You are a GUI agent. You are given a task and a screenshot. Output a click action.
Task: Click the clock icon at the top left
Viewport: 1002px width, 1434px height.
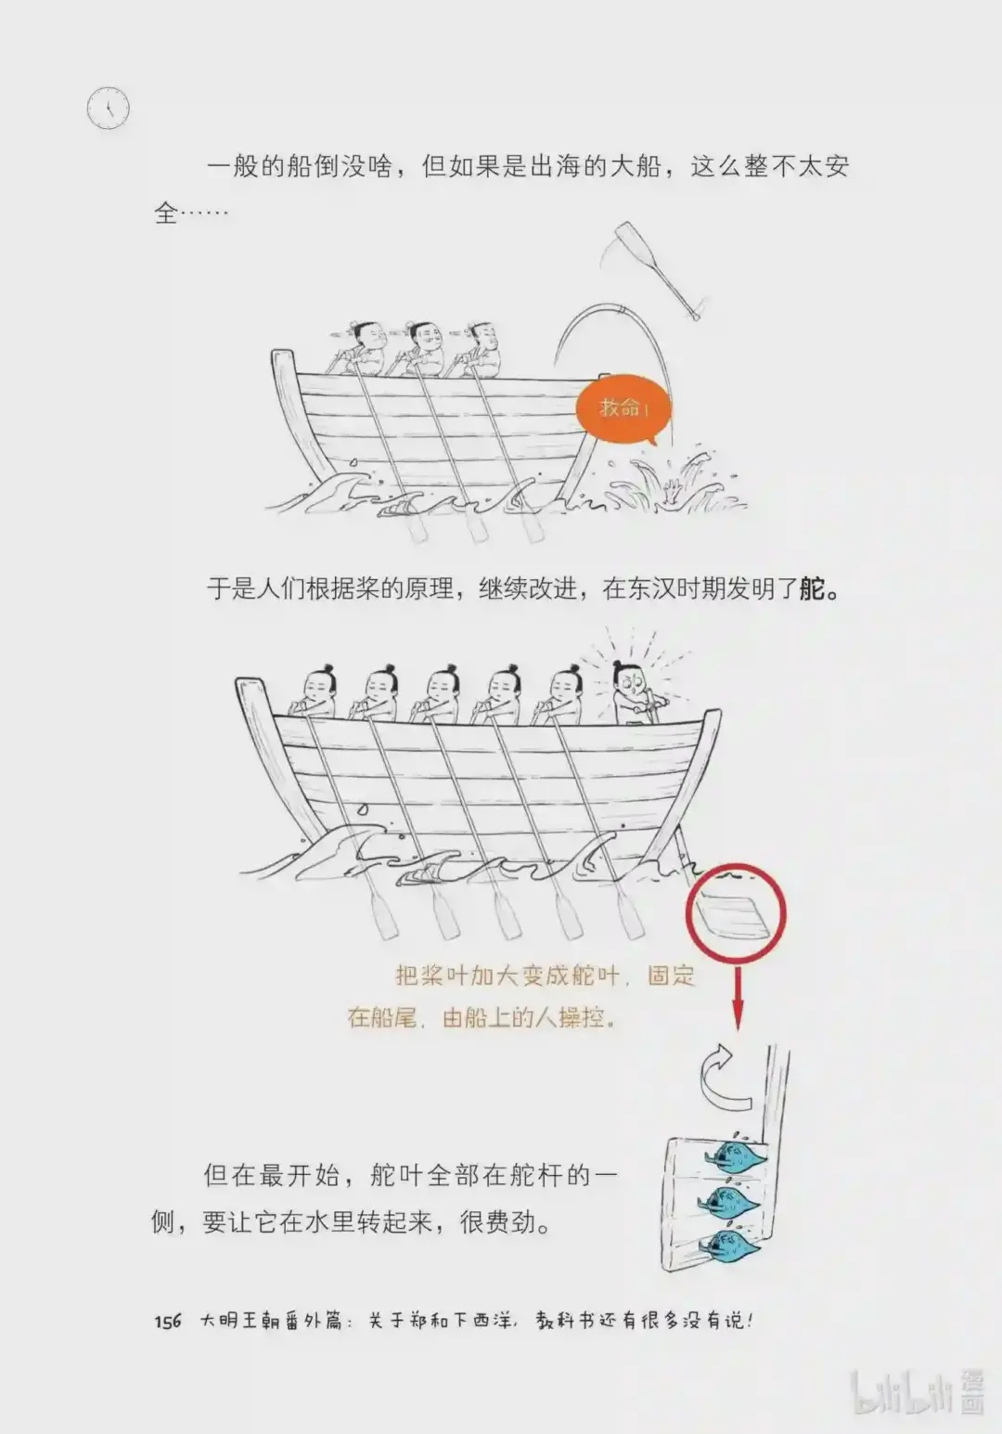coord(109,109)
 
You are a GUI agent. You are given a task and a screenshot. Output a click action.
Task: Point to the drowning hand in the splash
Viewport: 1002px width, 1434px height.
coord(671,491)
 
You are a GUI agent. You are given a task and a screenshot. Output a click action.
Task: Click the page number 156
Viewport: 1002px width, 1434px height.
coord(168,1321)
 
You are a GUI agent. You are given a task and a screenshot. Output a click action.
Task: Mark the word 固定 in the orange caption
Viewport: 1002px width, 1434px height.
coord(671,975)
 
